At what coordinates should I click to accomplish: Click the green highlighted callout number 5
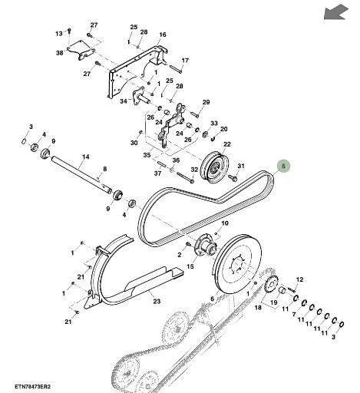pyautogui.click(x=283, y=165)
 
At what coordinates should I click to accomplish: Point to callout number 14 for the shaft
pyautogui.click(x=86, y=157)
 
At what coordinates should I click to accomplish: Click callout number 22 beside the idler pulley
pyautogui.click(x=227, y=144)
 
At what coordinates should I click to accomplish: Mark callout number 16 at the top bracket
pyautogui.click(x=163, y=35)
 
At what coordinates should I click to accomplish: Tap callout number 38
pyautogui.click(x=59, y=53)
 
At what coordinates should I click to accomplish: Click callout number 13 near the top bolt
pyautogui.click(x=58, y=34)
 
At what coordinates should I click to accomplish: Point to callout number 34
pyautogui.click(x=123, y=100)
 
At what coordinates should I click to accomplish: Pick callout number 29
pyautogui.click(x=206, y=102)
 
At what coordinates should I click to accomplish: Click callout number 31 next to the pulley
pyautogui.click(x=239, y=167)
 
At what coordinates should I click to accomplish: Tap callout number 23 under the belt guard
pyautogui.click(x=156, y=302)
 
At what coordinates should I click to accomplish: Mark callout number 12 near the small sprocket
pyautogui.click(x=300, y=279)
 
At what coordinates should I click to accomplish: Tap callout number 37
pyautogui.click(x=157, y=173)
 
